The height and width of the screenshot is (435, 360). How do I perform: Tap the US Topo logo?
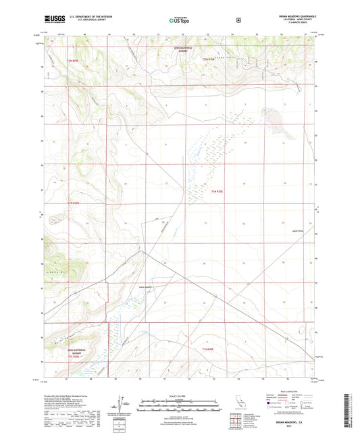point(179,20)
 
